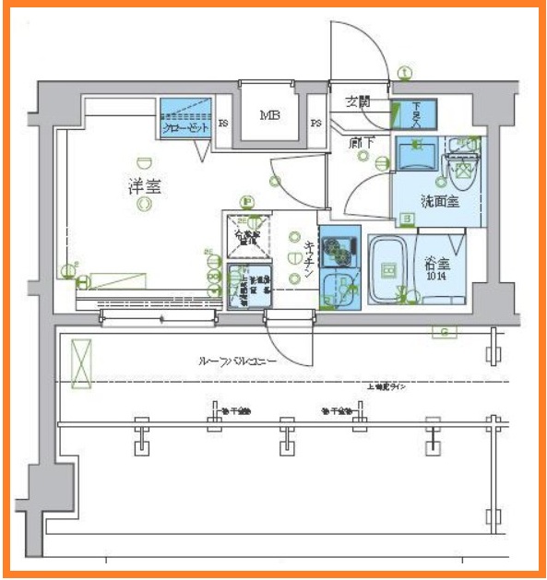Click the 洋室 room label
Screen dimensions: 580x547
[x=144, y=186]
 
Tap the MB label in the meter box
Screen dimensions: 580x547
[x=269, y=116]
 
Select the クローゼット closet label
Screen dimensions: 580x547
[x=185, y=128]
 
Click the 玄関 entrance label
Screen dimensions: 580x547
[x=358, y=101]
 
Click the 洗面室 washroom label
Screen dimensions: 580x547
[x=440, y=201]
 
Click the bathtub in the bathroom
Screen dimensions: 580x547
[x=391, y=269]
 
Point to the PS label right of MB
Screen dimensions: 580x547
[x=315, y=123]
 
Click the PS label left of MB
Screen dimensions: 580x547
[x=223, y=123]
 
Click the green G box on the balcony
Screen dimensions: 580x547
[x=445, y=332]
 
